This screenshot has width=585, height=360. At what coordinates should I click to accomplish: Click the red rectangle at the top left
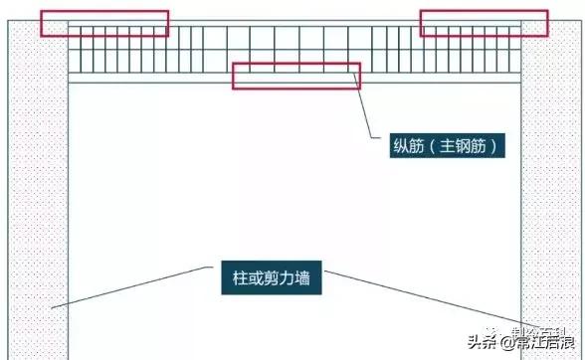[103, 24]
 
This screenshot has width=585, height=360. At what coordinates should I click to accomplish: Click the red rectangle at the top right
[483, 23]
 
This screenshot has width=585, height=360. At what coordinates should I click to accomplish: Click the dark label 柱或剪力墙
[266, 279]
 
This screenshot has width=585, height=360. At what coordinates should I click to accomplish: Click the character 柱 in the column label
[234, 279]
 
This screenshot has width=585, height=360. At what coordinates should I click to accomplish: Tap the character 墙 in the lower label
[298, 279]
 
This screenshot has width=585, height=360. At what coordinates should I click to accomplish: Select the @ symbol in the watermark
[504, 343]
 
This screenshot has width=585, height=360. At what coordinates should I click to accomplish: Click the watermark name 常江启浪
[543, 343]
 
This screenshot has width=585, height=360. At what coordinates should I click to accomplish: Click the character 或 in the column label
[250, 279]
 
